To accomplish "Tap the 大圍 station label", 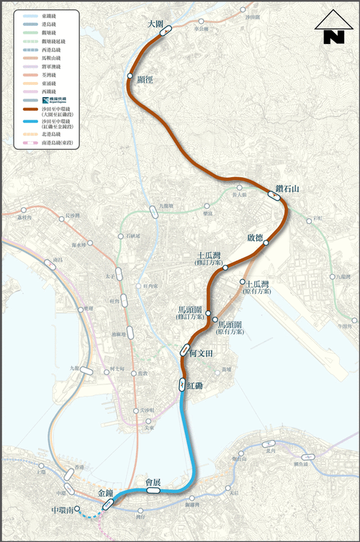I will coord(155,24).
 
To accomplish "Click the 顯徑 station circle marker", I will coord(130,76).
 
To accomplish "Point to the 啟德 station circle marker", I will coord(266,243).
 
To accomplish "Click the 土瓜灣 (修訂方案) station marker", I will coord(225,267).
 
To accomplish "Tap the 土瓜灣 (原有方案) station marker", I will coord(243,281).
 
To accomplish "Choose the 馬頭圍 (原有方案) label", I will coord(230,328).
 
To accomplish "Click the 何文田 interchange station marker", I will coord(185,351).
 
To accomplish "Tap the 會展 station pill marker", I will coord(153,490).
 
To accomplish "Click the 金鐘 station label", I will coord(105,493).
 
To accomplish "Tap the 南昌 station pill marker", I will coord(50,264).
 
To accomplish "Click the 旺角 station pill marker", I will coord(125,300).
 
